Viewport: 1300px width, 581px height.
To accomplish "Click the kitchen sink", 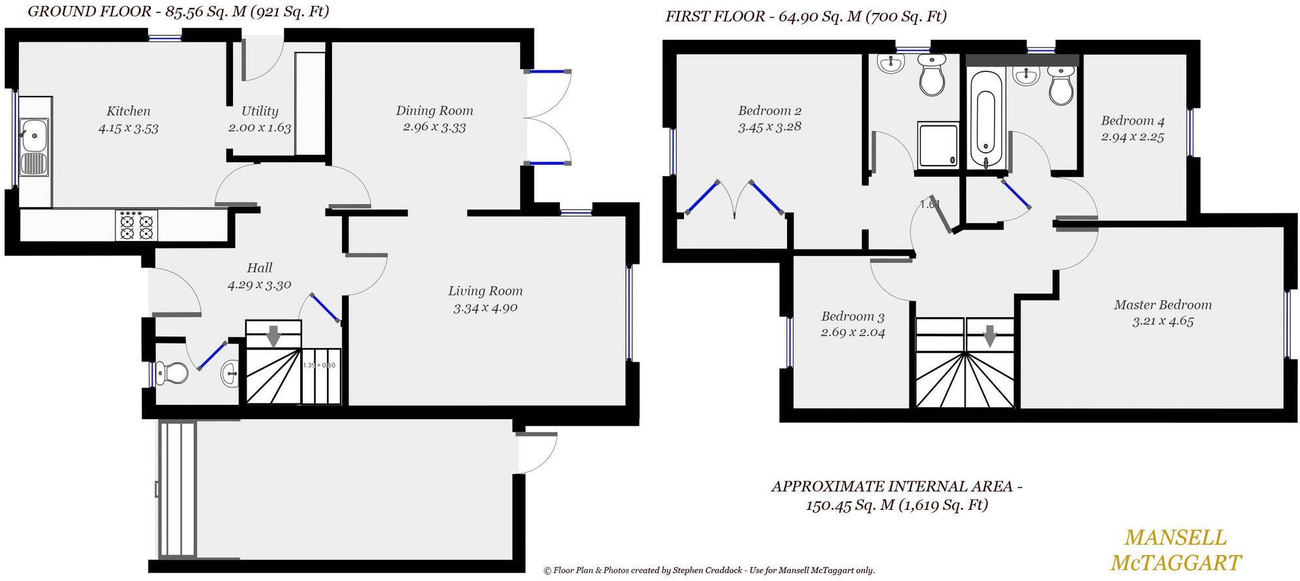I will tap(34, 147).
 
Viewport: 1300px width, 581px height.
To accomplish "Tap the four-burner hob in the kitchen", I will tap(137, 225).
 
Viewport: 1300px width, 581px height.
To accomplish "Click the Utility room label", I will tap(260, 111).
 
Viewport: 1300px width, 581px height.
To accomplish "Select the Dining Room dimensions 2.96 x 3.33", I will tap(434, 127).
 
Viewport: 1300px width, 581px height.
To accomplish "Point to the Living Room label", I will tap(485, 291).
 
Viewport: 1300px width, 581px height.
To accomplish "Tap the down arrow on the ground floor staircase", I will tap(273, 336).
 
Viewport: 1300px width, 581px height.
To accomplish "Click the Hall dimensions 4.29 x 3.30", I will tap(259, 285).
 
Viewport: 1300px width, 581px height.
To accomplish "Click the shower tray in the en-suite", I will tap(938, 145).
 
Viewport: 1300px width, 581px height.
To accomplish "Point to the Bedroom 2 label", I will tap(769, 110).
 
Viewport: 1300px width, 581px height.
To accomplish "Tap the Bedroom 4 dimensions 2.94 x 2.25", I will tap(1132, 137).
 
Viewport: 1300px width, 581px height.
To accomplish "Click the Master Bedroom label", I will tap(1162, 304).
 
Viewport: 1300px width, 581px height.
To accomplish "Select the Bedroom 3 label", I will tap(852, 317).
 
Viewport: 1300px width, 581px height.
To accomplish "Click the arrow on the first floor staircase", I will tap(990, 336).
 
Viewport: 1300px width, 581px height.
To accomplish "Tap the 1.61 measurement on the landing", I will tap(929, 204).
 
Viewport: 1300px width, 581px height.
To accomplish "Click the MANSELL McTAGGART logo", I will tap(1175, 550).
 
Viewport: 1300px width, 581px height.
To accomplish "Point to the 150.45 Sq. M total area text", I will tap(896, 505).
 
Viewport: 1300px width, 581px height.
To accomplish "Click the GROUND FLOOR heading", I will tap(178, 11).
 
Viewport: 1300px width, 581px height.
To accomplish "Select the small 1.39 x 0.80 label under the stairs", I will tap(318, 365).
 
